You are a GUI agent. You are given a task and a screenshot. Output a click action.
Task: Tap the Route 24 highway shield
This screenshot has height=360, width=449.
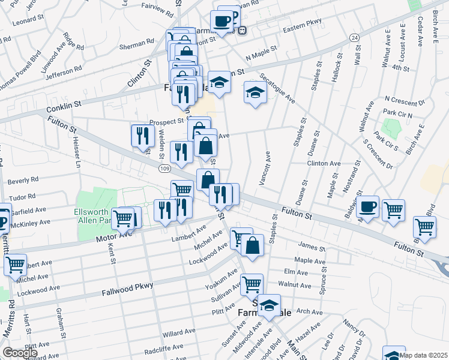pos(355,37)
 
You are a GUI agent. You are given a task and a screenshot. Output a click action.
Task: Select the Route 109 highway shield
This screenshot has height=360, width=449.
pos(164,169)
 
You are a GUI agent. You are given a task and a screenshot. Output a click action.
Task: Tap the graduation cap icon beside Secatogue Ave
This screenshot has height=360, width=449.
pos(255,93)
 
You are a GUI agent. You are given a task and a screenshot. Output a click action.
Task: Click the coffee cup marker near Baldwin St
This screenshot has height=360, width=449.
pos(367,206)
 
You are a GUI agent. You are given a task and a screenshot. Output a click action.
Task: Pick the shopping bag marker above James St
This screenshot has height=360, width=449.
pos(253,245)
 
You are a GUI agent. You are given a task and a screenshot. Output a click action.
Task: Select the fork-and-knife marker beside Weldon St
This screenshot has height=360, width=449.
pos(141,136)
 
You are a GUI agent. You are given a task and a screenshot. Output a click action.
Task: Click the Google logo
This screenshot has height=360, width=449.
pos(20,353)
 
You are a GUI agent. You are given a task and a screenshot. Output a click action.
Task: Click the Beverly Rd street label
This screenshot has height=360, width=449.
pos(23,179)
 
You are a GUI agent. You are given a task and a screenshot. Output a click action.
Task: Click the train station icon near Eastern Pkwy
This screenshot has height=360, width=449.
pos(241,31)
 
